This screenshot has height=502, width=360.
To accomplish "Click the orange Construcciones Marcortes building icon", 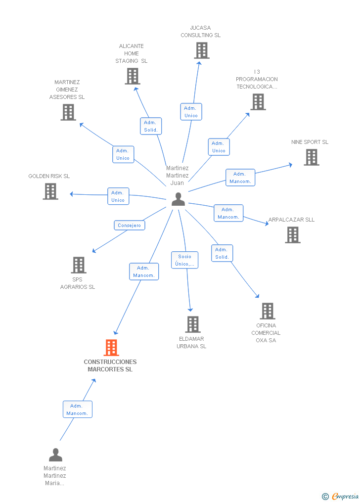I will pyautogui.click(x=111, y=348).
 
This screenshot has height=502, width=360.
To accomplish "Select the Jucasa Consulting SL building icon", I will pyautogui.click(x=201, y=50).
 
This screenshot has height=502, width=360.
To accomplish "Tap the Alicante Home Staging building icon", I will pyautogui.click(x=132, y=76).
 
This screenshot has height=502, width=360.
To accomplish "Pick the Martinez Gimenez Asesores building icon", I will pyautogui.click(x=68, y=112).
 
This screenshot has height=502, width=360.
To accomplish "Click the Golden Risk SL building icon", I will pyautogui.click(x=50, y=191).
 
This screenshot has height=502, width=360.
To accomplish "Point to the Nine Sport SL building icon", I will pyautogui.click(x=311, y=157).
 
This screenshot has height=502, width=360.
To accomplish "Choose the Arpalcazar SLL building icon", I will pyautogui.click(x=293, y=235).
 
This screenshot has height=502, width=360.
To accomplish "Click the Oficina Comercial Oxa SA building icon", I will pyautogui.click(x=267, y=311).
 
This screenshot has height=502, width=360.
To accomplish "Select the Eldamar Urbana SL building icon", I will pyautogui.click(x=192, y=324).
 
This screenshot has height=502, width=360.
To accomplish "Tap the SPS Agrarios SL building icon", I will pyautogui.click(x=79, y=265).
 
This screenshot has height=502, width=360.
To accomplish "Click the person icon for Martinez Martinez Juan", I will pyautogui.click(x=178, y=199).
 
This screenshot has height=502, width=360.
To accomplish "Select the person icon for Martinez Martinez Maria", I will pyautogui.click(x=55, y=455).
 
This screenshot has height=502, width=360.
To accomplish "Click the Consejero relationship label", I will pyautogui.click(x=129, y=225).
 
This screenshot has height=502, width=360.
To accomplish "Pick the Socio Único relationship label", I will pyautogui.click(x=185, y=260).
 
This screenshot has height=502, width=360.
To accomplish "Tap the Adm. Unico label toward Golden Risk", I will pyautogui.click(x=118, y=196).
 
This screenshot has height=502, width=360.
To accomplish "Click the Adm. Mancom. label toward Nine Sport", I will pyautogui.click(x=240, y=178).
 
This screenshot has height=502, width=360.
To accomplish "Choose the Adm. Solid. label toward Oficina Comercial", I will pyautogui.click(x=222, y=253).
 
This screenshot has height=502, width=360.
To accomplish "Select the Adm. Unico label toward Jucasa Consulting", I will pyautogui.click(x=191, y=112).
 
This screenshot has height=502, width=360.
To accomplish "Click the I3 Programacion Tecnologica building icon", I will pyautogui.click(x=258, y=102).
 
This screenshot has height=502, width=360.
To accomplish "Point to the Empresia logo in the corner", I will pyautogui.click(x=341, y=496).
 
